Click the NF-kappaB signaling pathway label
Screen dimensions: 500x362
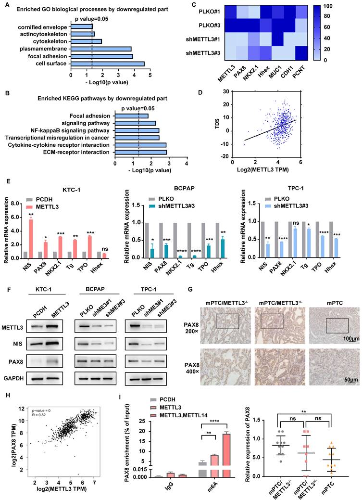(71, 130)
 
